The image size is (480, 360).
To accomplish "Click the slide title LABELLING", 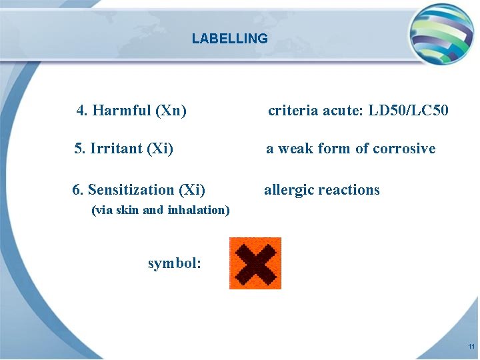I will pyautogui.click(x=229, y=39).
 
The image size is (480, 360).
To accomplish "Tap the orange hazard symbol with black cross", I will pyautogui.click(x=255, y=263).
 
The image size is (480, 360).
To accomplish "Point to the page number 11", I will pyautogui.click(x=471, y=347).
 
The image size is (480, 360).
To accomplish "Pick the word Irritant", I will pyautogui.click(x=116, y=149).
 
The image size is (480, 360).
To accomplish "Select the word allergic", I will pyautogui.click(x=289, y=190).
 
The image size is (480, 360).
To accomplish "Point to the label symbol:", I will pyautogui.click(x=174, y=263).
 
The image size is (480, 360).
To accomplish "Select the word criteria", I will pyautogui.click(x=293, y=111).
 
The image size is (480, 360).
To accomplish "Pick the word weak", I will pyautogui.click(x=296, y=149).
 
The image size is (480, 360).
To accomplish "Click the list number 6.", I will pyautogui.click(x=77, y=190).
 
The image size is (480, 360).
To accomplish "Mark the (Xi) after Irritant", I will pyautogui.click(x=160, y=149).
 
